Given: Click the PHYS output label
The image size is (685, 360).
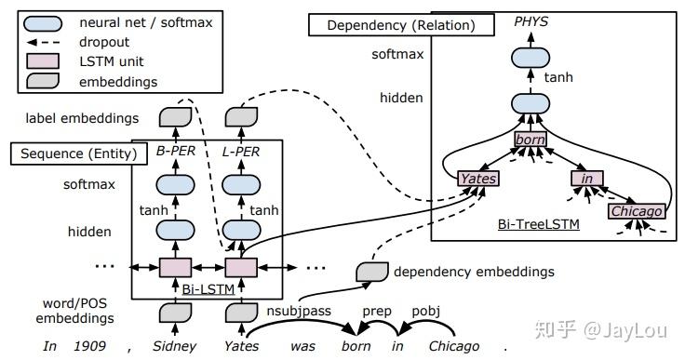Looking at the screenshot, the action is coord(531,21).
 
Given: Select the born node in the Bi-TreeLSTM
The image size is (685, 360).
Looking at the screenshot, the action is coord(531,140).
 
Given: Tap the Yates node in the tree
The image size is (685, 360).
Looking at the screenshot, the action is coord(478,179).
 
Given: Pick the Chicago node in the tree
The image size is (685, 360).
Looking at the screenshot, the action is coord(637,211).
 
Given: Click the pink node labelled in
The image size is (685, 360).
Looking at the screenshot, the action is coord(587,179).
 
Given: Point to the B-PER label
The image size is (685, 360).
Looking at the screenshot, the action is coord(176,152).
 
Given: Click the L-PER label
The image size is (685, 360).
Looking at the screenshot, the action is coord(241,152).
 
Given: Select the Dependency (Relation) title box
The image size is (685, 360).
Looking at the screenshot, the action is coord(401,25).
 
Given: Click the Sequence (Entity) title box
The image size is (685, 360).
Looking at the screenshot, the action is coord(78,153).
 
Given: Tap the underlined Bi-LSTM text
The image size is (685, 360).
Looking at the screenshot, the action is coord(208,289).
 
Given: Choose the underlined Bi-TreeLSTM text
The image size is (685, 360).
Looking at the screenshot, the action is coord(539,224).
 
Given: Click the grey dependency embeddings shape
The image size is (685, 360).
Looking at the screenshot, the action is coord(372,273).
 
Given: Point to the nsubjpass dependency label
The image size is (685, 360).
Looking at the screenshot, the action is coord(299,311).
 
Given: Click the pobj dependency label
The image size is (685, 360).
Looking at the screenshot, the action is coord(426,311).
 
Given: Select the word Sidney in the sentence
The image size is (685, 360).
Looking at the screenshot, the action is coord(174,346).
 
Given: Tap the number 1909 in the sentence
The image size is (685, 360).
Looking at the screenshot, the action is coord(89,346).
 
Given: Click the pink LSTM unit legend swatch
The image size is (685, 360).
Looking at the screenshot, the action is coord(43,61).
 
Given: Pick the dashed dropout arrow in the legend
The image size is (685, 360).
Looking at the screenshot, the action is coord(43,43).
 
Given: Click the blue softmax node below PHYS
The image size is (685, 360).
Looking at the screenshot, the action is coord(531,58).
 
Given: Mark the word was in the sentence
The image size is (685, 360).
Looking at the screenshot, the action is coord(302,346).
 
